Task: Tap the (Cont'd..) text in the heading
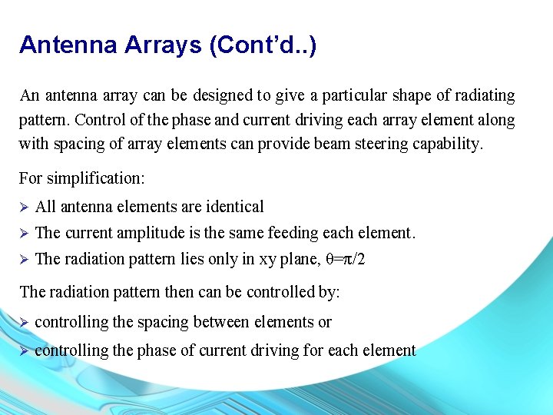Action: pos(263,45)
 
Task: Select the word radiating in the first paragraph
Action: pos(480,96)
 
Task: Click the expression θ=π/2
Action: pos(345,259)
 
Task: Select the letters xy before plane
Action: pos(269,260)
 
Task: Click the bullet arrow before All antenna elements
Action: pos(23,207)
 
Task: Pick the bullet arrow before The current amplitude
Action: pos(23,233)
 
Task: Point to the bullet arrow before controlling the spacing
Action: pos(23,322)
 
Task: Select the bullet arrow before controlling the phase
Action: pos(23,350)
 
